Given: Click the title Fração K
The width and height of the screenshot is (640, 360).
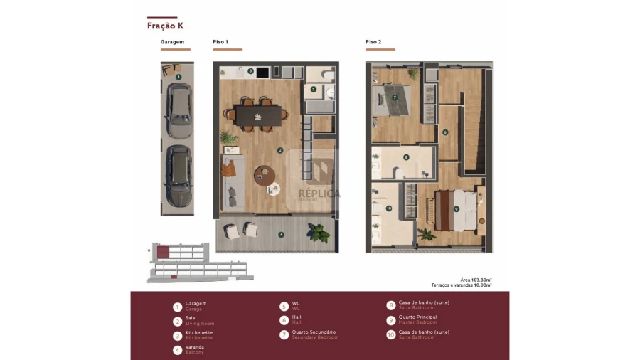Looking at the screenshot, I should [x=165, y=26].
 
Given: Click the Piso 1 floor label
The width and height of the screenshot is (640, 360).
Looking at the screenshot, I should [x=220, y=42].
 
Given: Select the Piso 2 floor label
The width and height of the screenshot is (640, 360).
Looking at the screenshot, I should [x=373, y=42].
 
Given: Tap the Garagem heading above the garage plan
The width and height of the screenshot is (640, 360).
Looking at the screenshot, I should [x=172, y=42].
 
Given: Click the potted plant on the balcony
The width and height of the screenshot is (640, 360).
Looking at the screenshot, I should [x=318, y=231].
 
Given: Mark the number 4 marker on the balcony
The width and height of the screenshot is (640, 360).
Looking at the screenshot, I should [x=281, y=234].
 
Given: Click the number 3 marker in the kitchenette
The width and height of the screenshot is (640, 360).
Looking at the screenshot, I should [x=250, y=71].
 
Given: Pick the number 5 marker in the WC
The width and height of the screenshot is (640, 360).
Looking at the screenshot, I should [x=314, y=90].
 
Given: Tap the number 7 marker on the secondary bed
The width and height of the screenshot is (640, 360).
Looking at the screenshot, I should [x=394, y=98].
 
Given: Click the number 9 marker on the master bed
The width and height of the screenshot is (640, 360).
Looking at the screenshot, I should [x=456, y=208].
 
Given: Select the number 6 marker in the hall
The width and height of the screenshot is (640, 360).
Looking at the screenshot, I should [x=445, y=132].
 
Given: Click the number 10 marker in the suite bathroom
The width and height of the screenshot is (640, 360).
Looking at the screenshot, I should [x=388, y=208].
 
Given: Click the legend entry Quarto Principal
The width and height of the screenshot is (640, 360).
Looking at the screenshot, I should [x=417, y=317].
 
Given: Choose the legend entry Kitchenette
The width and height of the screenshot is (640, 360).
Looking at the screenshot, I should [x=198, y=332].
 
